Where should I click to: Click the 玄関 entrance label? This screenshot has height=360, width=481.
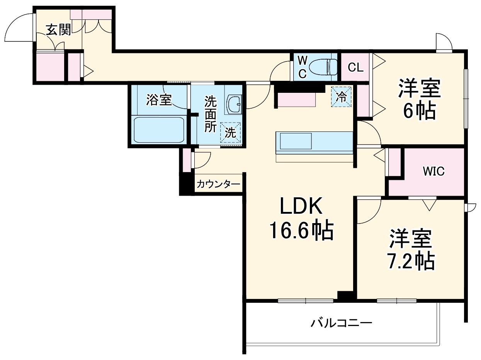coord(59,30)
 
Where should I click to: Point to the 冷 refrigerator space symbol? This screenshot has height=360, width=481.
coord(341,97)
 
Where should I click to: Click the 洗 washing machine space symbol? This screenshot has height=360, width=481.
coord(230,133)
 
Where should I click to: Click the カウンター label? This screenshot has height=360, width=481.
coord(218,184)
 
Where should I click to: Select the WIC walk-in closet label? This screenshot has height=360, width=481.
coord(433,171)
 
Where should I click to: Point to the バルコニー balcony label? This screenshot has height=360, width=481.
coord(342,322)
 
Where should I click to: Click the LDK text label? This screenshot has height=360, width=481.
coord(301,207)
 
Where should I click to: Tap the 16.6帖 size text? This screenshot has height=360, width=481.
coord(301,231)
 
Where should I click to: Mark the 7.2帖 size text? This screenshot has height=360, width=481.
coord(411,262)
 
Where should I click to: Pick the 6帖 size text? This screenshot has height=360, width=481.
coord(420,112)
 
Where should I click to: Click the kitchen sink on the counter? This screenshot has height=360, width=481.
coord(296,141)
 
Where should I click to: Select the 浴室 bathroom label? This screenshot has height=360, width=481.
coord(158,100)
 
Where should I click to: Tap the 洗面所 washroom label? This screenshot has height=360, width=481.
coord(211,114)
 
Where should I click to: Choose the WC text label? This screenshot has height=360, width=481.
coord(303,67)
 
